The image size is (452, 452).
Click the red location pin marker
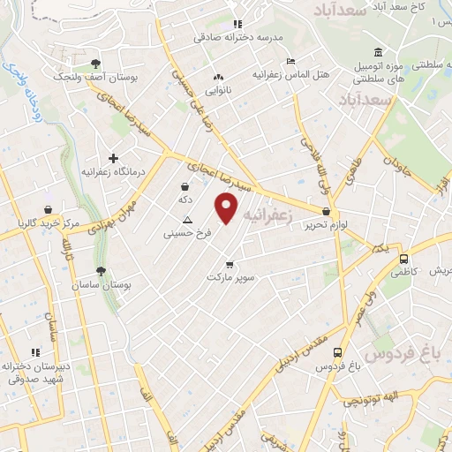(228, 208)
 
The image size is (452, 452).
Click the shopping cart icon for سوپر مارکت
(230, 263)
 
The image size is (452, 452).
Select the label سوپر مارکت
(230, 277)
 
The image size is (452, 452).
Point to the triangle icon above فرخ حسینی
(186, 220)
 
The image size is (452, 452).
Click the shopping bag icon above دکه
(185, 186)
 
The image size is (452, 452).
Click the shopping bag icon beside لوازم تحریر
(327, 212)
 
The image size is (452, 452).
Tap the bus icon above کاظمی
(403, 260)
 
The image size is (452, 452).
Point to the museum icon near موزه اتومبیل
(378, 51)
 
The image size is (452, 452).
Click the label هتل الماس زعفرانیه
(290, 75)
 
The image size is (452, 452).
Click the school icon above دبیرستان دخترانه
(35, 351)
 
